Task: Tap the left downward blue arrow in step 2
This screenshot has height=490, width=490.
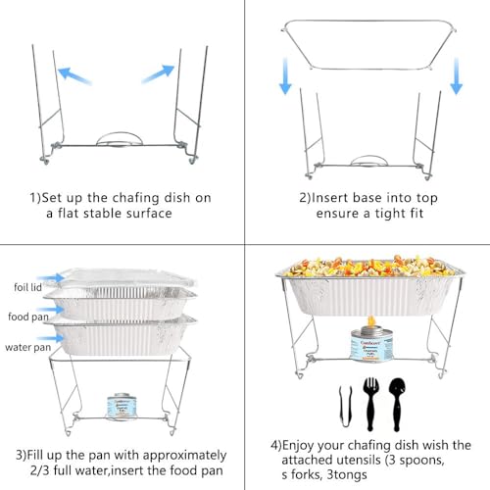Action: pos(285,78)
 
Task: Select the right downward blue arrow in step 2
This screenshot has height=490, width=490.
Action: pos(456,78)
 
